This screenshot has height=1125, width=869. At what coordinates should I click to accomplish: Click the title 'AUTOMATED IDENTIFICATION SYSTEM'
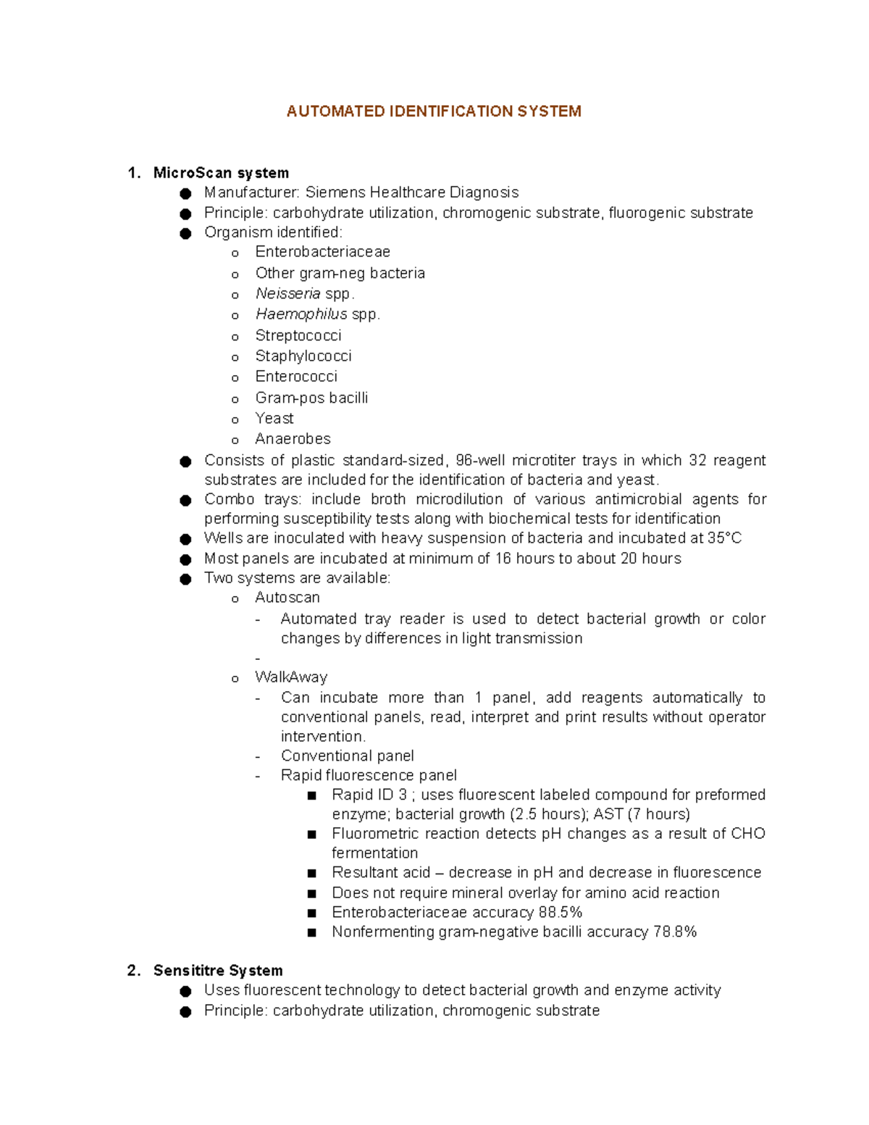tap(433, 112)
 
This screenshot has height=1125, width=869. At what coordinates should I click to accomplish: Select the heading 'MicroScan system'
tap(221, 173)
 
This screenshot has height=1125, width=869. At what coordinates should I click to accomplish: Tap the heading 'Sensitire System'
tap(218, 971)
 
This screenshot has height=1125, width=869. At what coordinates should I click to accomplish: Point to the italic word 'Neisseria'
tap(287, 294)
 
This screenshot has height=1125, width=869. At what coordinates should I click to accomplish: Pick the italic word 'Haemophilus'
tap(301, 314)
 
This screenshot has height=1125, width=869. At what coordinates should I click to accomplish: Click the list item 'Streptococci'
tap(298, 336)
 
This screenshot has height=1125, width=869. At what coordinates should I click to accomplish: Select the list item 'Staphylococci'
tap(303, 356)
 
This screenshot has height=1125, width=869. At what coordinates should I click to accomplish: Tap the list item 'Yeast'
tap(274, 419)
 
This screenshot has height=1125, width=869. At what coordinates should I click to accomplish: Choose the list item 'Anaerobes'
tap(293, 439)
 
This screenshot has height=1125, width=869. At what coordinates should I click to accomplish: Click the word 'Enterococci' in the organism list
tap(296, 377)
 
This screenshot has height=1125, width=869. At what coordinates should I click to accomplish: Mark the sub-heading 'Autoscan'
tap(287, 598)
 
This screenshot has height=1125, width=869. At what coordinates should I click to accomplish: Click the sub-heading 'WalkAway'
tap(291, 677)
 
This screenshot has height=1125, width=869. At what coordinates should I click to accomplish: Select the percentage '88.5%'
tap(560, 913)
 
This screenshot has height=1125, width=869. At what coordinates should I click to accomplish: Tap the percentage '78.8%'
tap(674, 932)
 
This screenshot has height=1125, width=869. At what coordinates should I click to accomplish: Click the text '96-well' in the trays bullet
tap(480, 461)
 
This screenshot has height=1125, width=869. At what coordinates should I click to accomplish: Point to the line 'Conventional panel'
tap(348, 756)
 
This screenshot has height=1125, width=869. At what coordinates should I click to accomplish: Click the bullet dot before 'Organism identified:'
tap(186, 233)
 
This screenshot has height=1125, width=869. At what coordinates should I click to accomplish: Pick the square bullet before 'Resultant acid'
tap(312, 874)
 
